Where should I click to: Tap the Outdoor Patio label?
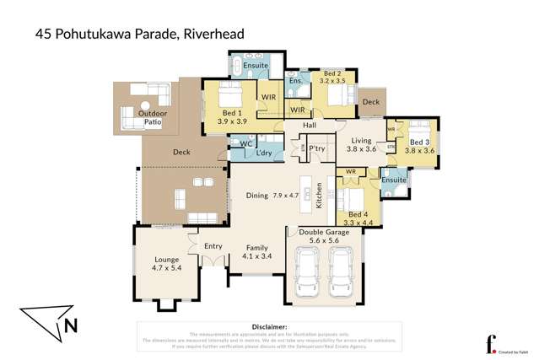153,118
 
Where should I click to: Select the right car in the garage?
341,277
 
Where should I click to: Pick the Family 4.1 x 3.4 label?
257,251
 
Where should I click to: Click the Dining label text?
257,196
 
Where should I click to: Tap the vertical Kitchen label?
319,195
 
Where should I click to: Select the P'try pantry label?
317,149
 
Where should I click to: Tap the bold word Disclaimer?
271,325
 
